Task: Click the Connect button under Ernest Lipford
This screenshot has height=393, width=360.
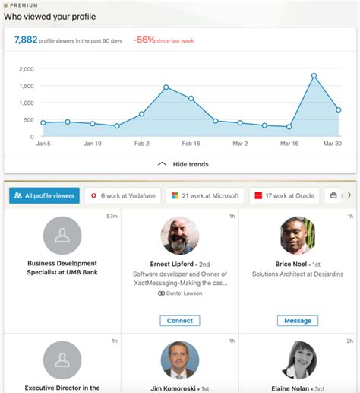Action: pyautogui.click(x=180, y=321)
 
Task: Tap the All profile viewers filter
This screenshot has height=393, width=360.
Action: pyautogui.click(x=44, y=195)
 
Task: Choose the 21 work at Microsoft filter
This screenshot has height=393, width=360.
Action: pyautogui.click(x=204, y=195)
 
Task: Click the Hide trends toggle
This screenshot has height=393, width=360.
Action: pyautogui.click(x=182, y=164)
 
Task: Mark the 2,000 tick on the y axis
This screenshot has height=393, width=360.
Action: pyautogui.click(x=26, y=69)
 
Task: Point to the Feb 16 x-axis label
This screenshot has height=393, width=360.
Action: pyautogui.click(x=191, y=143)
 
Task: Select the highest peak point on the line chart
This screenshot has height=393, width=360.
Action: pyautogui.click(x=314, y=75)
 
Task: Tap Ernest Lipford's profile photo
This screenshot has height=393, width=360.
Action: pyautogui.click(x=180, y=236)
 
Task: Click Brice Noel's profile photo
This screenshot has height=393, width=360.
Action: pyautogui.click(x=298, y=236)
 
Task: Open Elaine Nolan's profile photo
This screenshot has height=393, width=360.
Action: pyautogui.click(x=298, y=360)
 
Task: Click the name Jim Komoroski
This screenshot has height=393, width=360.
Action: pyautogui.click(x=180, y=387)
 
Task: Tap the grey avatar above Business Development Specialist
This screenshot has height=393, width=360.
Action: pyautogui.click(x=62, y=236)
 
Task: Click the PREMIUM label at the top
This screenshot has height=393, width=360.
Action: pyautogui.click(x=23, y=5)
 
